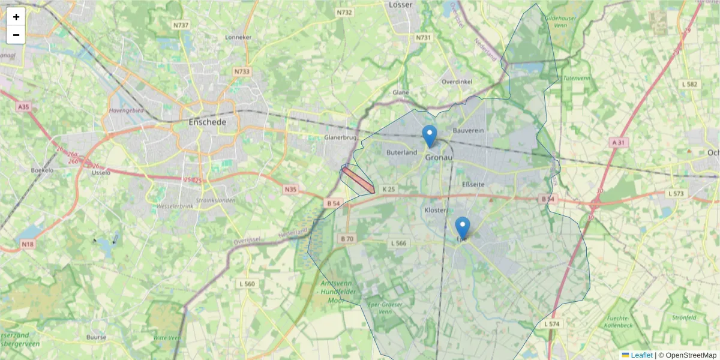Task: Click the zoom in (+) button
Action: (x=16, y=17)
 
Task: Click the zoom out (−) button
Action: (x=16, y=35)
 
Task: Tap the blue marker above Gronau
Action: (x=430, y=136)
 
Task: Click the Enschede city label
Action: (x=208, y=122)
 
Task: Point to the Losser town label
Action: (x=401, y=5)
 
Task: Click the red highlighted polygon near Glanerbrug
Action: (x=358, y=181)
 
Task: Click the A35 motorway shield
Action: (x=23, y=107)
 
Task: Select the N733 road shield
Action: (x=242, y=71)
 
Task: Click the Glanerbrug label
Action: (x=340, y=137)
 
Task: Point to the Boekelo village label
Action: (x=43, y=170)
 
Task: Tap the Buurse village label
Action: (x=96, y=337)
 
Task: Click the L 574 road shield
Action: (x=552, y=324)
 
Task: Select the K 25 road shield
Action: (x=388, y=190)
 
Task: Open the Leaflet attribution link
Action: (x=641, y=355)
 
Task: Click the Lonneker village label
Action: (x=238, y=37)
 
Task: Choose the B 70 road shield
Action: (x=347, y=239)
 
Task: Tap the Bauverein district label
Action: (x=469, y=130)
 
